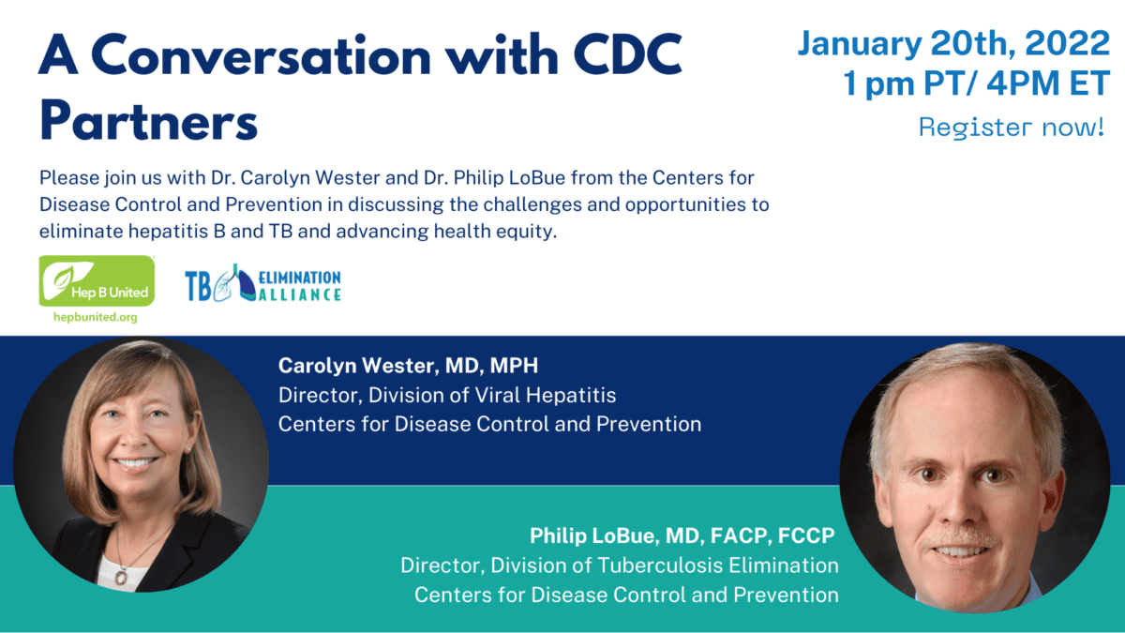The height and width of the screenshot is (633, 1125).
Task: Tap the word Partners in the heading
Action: (x=148, y=122)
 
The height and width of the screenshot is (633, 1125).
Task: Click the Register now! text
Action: (x=1012, y=128)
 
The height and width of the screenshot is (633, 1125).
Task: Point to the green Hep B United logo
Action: (x=97, y=280)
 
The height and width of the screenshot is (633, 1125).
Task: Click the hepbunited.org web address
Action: (x=97, y=317)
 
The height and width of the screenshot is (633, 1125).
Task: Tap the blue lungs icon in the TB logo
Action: (x=229, y=284)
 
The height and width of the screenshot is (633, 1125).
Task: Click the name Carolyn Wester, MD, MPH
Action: (x=407, y=366)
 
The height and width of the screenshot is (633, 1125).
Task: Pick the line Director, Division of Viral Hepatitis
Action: (x=447, y=395)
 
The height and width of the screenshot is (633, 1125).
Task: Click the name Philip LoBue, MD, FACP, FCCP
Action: (x=682, y=536)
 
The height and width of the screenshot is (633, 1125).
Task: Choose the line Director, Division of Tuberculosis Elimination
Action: (x=620, y=565)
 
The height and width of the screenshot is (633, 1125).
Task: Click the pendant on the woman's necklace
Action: (x=121, y=577)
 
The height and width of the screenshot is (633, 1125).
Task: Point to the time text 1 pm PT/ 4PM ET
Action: (x=977, y=84)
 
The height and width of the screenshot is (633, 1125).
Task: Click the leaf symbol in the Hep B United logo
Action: (x=64, y=277)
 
